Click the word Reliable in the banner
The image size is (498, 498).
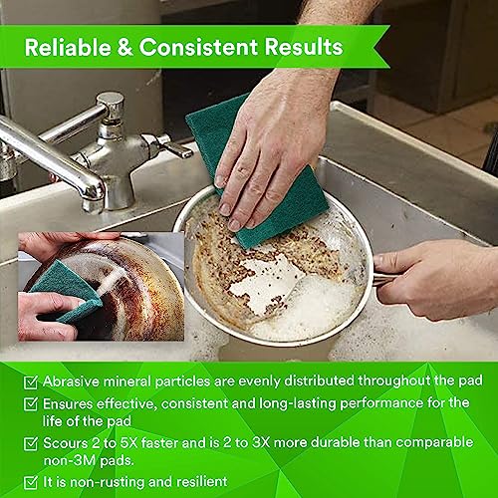[x=68, y=47]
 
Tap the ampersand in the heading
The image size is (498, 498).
[x=124, y=47]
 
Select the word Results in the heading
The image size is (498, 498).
[x=304, y=47]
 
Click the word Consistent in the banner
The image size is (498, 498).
[x=198, y=47]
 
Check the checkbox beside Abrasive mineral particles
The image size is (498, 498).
[x=31, y=382]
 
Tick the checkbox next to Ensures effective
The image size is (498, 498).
[x=31, y=404]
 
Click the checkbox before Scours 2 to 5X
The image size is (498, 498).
[x=31, y=444]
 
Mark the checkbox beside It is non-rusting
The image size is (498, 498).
[x=31, y=482]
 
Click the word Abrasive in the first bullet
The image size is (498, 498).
[x=71, y=381]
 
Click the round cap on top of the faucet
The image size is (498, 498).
[x=110, y=100]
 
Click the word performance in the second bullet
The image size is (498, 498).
[x=381, y=403]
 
